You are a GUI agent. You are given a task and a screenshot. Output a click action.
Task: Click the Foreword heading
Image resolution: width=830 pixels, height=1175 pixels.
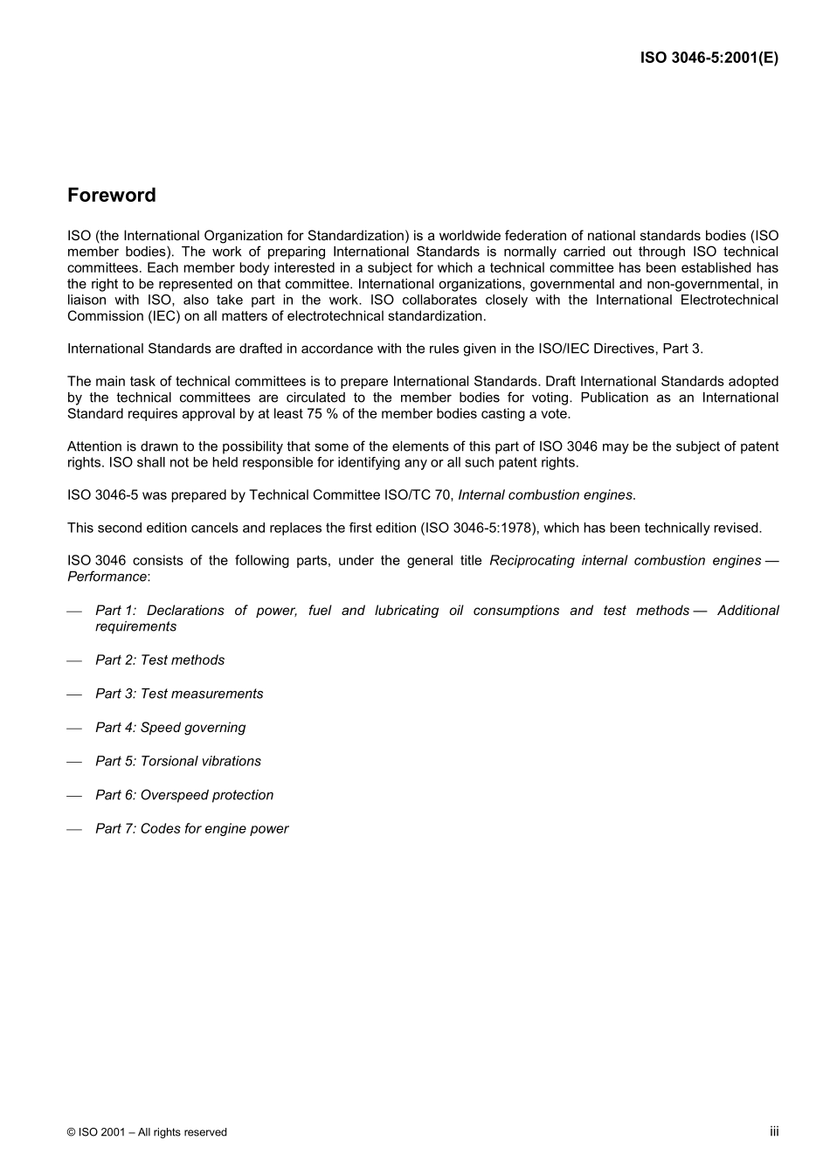(112, 196)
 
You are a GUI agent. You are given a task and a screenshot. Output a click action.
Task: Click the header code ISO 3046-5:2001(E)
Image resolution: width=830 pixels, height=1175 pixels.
(709, 59)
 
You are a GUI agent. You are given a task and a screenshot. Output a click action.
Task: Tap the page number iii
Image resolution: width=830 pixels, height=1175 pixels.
(774, 1131)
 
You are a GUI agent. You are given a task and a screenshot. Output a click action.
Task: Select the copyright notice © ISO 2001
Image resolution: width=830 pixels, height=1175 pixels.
(147, 1132)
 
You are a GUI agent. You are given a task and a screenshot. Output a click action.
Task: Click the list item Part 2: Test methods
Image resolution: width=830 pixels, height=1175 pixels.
(160, 660)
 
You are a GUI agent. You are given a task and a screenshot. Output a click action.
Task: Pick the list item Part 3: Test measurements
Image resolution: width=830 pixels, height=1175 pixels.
(179, 694)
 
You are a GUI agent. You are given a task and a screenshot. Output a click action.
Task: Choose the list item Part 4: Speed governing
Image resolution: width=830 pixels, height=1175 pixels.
(170, 728)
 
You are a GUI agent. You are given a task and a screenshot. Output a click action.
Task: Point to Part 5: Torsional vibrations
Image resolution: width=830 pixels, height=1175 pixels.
(178, 762)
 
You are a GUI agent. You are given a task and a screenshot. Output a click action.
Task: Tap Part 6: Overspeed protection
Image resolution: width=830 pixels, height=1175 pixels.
(184, 795)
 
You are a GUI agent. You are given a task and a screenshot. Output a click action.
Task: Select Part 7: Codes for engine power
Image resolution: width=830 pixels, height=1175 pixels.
(191, 829)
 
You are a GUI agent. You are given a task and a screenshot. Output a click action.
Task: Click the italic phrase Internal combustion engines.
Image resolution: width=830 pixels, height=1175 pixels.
(545, 495)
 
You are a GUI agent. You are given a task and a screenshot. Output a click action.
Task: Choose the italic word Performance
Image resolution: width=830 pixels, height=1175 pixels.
(107, 577)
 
